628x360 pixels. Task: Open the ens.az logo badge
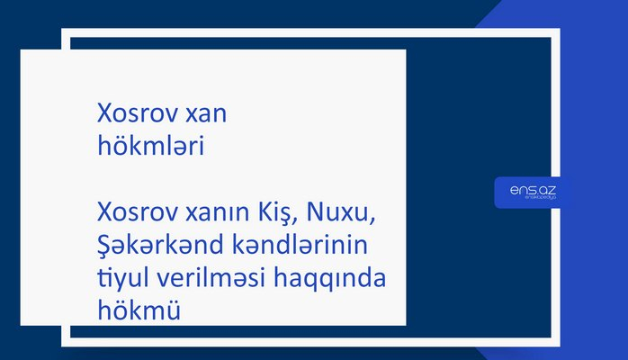click(532, 192)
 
